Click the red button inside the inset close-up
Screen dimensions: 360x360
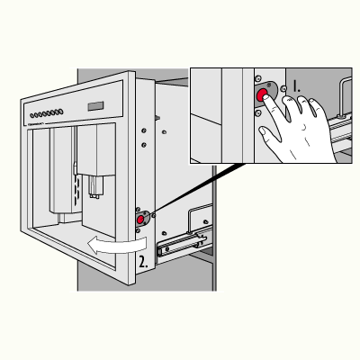262,94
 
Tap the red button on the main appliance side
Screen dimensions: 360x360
140,220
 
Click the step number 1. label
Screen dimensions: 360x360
296,85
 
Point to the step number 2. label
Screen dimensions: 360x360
143,262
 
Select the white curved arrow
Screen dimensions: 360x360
117,245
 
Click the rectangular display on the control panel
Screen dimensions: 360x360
95,106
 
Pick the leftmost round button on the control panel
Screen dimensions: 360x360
32,115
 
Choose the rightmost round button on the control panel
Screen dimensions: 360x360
61,112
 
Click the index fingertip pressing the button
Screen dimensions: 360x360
266,97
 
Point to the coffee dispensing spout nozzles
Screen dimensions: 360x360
95,187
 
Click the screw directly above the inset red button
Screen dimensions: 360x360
257,79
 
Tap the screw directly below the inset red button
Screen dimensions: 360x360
257,112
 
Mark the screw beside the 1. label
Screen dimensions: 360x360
283,89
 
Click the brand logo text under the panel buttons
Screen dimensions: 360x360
37,123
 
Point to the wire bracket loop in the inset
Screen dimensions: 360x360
344,96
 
